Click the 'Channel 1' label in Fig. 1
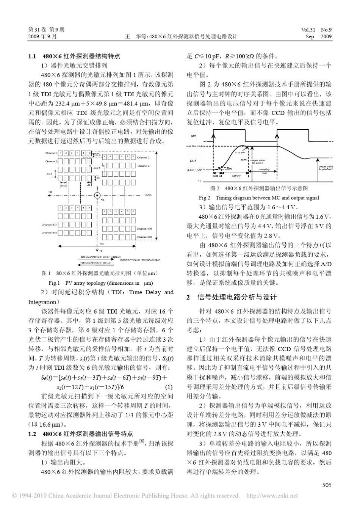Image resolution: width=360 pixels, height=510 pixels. click(51, 153)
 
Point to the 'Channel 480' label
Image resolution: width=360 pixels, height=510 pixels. click(144, 237)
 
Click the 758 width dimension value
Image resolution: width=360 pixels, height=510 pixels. click(101, 244)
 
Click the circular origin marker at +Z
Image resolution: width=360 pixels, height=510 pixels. click(97, 195)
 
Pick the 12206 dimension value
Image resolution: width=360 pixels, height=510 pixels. click(147, 195)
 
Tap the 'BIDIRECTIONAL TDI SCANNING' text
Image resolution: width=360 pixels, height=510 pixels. click(140, 260)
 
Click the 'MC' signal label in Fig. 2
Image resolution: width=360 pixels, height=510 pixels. click(193, 135)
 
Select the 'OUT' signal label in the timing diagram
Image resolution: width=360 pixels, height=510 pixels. click(193, 160)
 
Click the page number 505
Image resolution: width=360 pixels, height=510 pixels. click(326, 484)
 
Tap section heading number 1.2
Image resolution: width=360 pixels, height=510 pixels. click(32, 434)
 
